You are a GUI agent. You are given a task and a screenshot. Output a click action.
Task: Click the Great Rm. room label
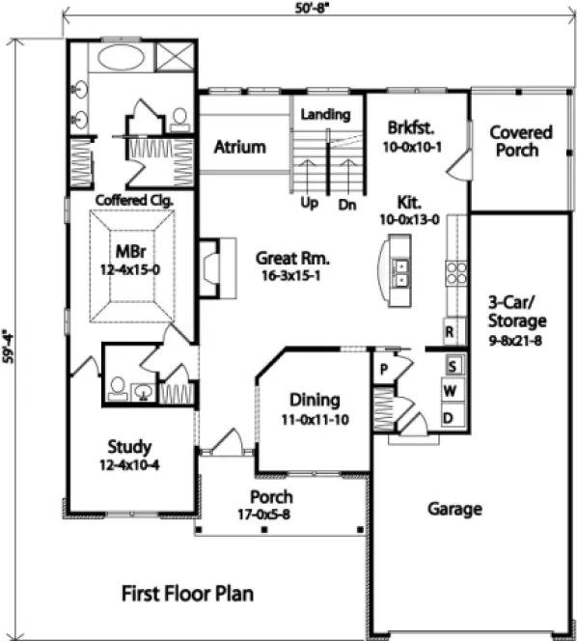[293, 259]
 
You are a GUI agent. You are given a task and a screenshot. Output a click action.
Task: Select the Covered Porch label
[521, 141]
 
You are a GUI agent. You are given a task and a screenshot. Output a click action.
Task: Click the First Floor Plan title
[187, 593]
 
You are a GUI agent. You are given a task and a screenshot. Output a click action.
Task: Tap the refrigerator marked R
[450, 331]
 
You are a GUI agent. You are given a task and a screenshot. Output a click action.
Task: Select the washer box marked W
[450, 391]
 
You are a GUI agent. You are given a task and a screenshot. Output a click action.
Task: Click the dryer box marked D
[450, 417]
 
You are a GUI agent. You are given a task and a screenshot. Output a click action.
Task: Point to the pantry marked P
[383, 368]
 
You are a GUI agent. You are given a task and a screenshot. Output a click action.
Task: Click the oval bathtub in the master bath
[120, 56]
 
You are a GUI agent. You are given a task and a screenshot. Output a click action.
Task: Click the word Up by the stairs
[311, 204]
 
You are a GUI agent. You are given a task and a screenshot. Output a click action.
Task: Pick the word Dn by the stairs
[348, 204]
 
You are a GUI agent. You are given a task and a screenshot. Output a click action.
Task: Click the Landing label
[325, 115]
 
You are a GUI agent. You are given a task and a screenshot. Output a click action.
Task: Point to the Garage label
[454, 509]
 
